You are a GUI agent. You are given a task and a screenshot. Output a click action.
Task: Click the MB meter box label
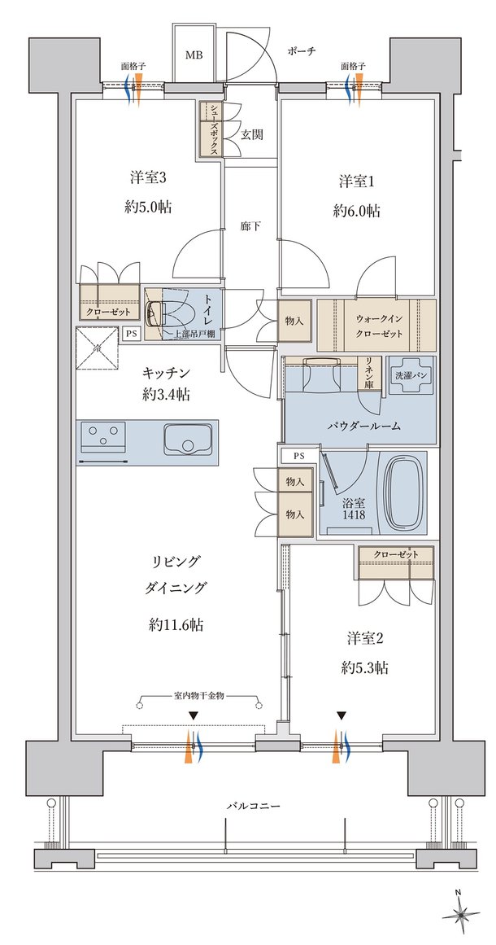coord(194,55)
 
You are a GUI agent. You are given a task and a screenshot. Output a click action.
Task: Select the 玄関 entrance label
coord(251,134)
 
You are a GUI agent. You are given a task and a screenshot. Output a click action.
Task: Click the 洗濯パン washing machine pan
coord(411,374)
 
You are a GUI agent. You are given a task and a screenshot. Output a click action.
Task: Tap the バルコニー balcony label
coord(255,805)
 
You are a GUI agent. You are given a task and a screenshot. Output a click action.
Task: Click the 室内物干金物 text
coord(199,696)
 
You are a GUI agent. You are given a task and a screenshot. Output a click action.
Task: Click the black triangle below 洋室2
coord(342,716)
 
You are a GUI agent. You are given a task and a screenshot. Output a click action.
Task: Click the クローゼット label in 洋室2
coord(395,553)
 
